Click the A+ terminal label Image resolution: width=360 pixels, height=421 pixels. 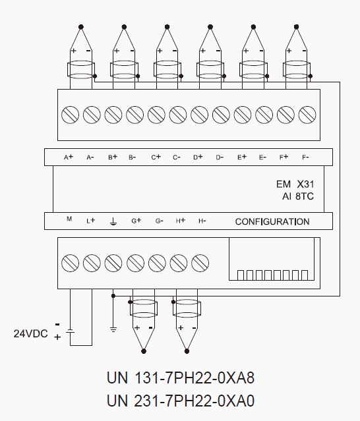click(x=69, y=157)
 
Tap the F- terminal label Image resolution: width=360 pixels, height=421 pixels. click(x=305, y=157)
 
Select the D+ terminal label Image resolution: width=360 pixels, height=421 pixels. click(x=198, y=157)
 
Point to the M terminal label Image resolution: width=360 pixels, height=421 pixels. click(x=69, y=219)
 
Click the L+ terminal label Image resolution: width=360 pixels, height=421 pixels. click(x=91, y=221)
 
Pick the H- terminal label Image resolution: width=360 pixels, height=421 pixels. click(x=202, y=221)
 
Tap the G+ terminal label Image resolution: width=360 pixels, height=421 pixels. click(x=136, y=221)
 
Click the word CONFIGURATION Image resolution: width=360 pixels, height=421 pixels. click(x=272, y=222)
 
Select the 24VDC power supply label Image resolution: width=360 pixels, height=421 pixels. click(x=30, y=334)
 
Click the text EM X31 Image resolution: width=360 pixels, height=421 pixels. click(x=295, y=184)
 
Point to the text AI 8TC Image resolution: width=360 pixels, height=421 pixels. click(x=297, y=196)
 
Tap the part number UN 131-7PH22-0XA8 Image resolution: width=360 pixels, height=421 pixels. click(x=180, y=378)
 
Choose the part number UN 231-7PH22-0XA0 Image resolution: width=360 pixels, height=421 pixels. click(x=180, y=401)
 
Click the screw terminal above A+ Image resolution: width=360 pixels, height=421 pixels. click(x=70, y=115)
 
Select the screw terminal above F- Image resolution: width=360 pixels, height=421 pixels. click(x=307, y=115)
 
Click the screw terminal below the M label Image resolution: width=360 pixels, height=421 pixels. click(x=70, y=263)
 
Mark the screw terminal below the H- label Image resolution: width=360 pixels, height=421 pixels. click(x=200, y=263)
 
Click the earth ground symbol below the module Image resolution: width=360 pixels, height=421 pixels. click(x=113, y=329)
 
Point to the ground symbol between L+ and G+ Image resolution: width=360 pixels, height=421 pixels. click(x=113, y=221)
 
